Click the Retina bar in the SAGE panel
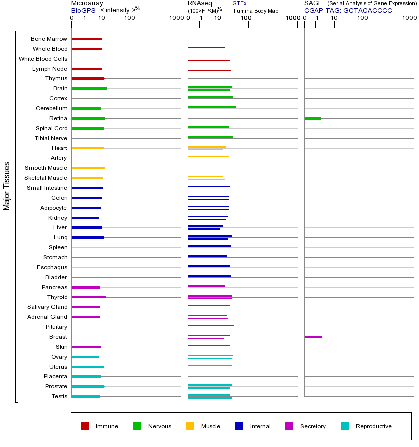point(313,118)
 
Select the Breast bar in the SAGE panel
point(313,337)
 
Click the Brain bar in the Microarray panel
point(89,88)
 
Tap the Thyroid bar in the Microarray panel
point(89,297)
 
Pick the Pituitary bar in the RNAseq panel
point(210,325)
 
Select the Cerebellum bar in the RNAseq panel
point(211,107)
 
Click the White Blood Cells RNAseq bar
point(209,60)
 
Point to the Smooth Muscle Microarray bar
point(88,168)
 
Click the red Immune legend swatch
point(85,426)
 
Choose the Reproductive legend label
point(373,426)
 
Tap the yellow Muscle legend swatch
point(190,426)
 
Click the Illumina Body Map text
point(255,10)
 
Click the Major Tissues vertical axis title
point(7,186)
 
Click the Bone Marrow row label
point(49,39)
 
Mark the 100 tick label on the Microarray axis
point(129,19)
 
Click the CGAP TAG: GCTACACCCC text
point(348,10)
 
